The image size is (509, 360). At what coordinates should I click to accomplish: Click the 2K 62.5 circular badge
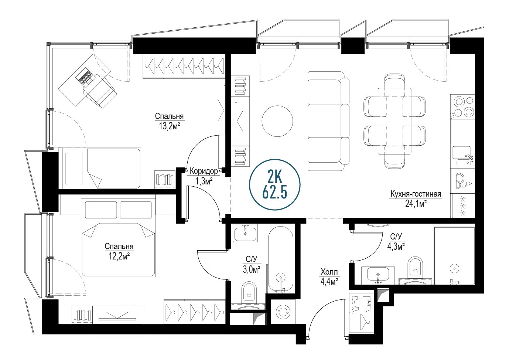pos(275,184)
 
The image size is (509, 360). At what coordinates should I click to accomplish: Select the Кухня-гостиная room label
pos(416,194)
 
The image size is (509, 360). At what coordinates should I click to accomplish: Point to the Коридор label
pos(204,171)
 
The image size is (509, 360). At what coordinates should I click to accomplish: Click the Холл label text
pos(329,272)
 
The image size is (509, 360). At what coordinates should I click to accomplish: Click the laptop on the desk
pos(85,76)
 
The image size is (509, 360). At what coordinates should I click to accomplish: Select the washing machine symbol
pos(283,312)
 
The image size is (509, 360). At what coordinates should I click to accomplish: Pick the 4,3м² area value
pos(396,246)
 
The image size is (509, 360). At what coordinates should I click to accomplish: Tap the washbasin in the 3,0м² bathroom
pos(245,233)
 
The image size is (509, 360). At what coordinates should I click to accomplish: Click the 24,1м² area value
pos(416,204)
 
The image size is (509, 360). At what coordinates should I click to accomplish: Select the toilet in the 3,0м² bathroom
pos(249,292)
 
